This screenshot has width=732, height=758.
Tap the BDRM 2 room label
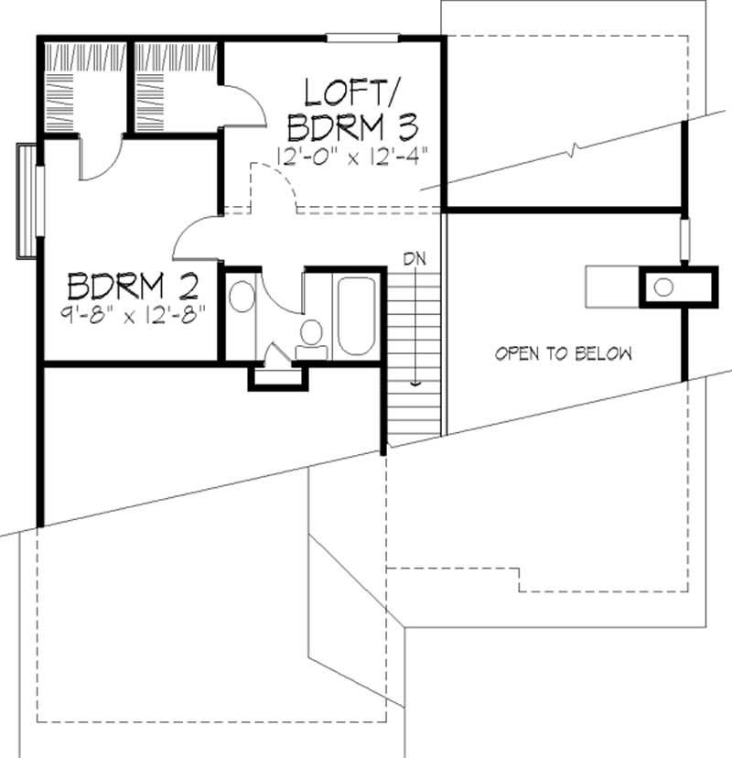132,287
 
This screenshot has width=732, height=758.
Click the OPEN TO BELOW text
564,353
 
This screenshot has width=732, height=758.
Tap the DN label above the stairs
415,259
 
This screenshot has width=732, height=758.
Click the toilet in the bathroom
311,335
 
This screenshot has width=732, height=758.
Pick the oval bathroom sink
242,298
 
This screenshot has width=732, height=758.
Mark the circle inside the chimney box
664,287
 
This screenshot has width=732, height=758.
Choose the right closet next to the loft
176,87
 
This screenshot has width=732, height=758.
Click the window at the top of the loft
362,38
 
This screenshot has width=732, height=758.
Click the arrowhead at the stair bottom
415,384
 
